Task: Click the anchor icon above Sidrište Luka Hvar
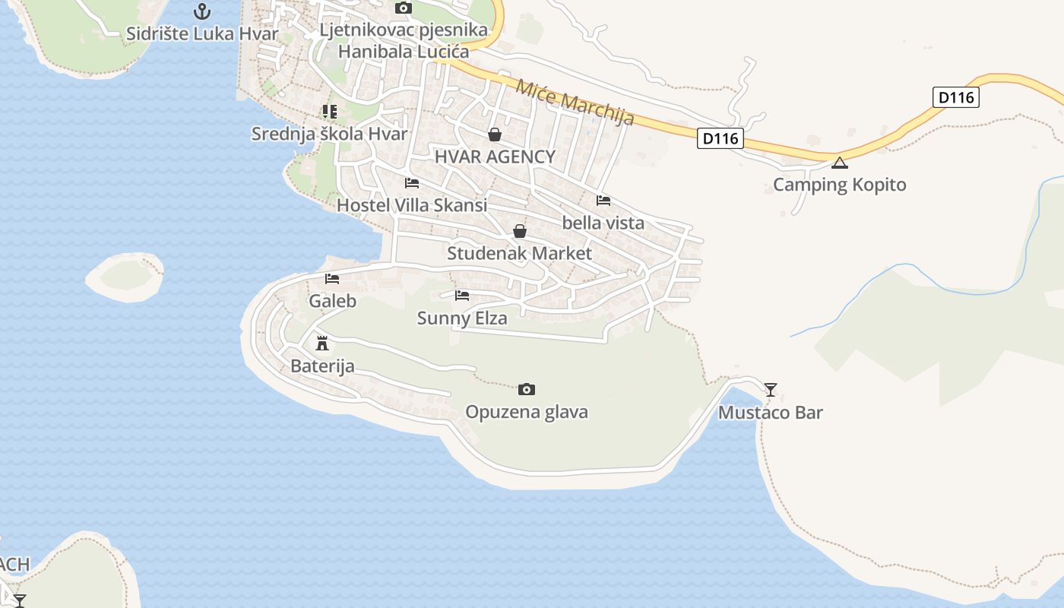point(201,11)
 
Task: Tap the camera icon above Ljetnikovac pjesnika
point(404,8)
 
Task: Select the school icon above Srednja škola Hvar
point(329,112)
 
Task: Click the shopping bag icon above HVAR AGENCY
point(495,135)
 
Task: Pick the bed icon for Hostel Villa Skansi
point(412,183)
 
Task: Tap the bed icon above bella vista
point(603,201)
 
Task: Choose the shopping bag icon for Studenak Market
point(520,231)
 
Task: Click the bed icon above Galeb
point(332,279)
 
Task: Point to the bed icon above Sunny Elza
point(462,296)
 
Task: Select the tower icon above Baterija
point(322,343)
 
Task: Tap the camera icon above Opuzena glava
point(527,390)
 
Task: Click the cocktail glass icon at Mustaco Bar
point(771,390)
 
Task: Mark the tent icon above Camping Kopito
point(839,163)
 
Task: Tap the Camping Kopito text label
point(839,185)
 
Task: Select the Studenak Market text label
point(519,253)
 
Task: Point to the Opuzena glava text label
point(527,412)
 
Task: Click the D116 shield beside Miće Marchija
point(720,138)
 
